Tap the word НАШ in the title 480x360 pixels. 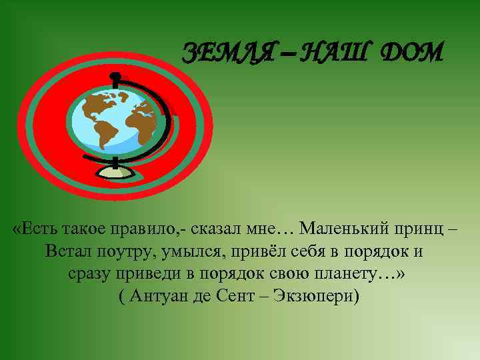[327, 51]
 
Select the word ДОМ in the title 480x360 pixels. [409, 51]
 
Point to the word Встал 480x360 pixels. [69, 252]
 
